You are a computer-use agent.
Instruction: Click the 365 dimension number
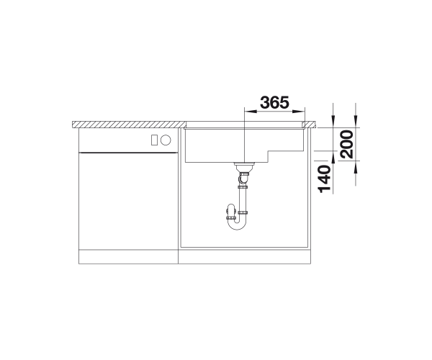coord(275,102)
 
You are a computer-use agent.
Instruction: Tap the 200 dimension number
coord(346,144)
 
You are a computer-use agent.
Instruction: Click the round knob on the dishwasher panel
coord(166,140)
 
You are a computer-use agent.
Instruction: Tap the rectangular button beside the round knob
coord(154,140)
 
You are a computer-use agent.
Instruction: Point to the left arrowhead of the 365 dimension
coord(251,112)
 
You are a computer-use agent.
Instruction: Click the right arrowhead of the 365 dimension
coord(299,112)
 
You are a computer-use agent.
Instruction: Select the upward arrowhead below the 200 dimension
coord(356,167)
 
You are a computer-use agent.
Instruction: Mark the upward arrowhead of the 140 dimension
coord(333,157)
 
